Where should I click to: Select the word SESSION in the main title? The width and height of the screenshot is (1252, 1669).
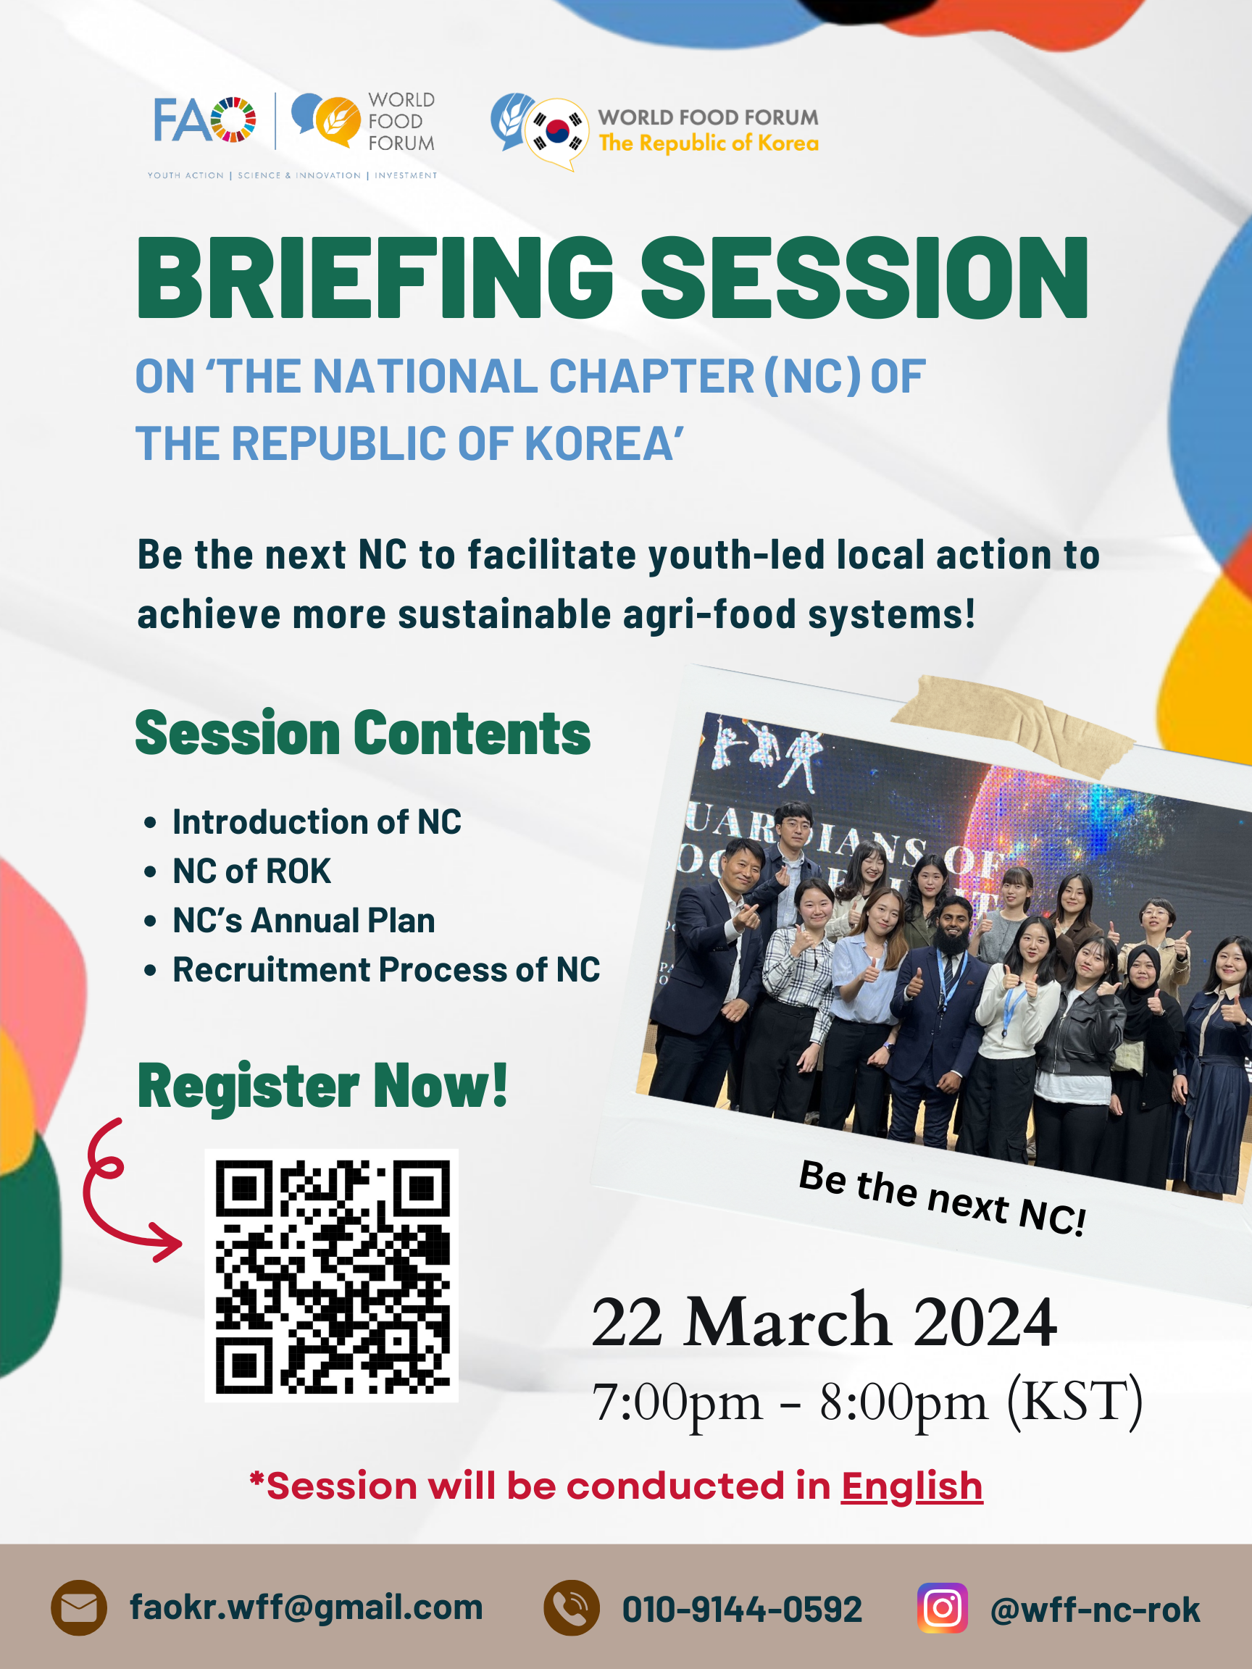pos(864,277)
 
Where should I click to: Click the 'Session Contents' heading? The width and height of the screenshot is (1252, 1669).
pos(363,732)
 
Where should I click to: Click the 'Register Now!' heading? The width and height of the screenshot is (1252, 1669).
pos(322,1086)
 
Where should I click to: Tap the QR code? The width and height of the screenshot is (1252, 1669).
pos(332,1276)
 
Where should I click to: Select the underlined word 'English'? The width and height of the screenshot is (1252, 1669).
pos(911,1486)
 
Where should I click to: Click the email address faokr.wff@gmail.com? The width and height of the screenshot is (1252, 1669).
pos(306,1608)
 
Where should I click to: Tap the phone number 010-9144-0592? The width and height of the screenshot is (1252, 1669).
pos(742,1609)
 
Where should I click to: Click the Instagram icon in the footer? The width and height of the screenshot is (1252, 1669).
pos(943,1608)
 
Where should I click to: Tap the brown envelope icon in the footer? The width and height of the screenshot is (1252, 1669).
pos(79,1608)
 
